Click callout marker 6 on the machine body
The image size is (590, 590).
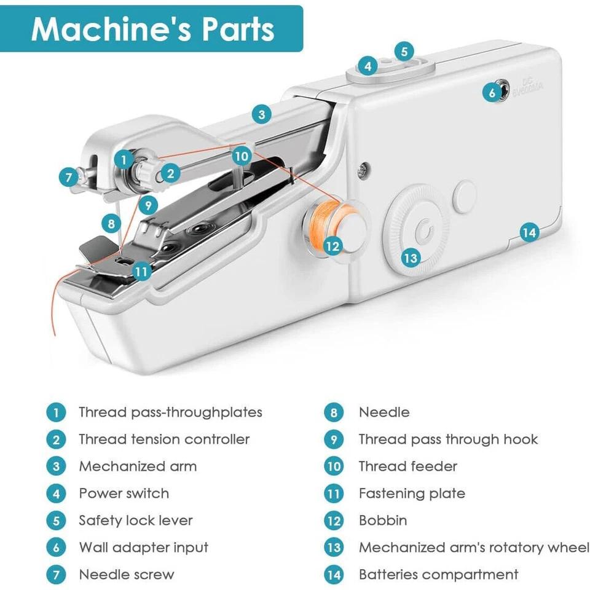click(491, 93)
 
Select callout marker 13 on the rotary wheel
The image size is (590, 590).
click(411, 257)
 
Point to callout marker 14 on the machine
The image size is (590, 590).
click(529, 232)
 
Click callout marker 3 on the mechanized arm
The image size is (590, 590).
click(262, 114)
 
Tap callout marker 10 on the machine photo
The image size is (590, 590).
click(242, 156)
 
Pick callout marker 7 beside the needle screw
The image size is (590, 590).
click(69, 177)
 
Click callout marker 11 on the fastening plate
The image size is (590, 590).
click(142, 270)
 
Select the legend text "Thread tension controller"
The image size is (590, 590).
click(164, 439)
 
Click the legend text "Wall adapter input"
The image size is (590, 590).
click(143, 548)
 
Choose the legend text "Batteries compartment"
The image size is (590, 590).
click(438, 575)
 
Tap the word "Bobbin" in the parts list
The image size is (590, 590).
click(383, 521)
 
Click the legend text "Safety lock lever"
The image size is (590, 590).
click(135, 521)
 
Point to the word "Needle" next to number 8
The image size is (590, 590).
click(384, 412)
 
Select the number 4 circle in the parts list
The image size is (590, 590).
click(56, 494)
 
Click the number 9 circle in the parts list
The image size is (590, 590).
click(334, 439)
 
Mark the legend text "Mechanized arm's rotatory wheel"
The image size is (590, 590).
click(474, 548)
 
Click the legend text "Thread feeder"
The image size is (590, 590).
click(408, 466)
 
